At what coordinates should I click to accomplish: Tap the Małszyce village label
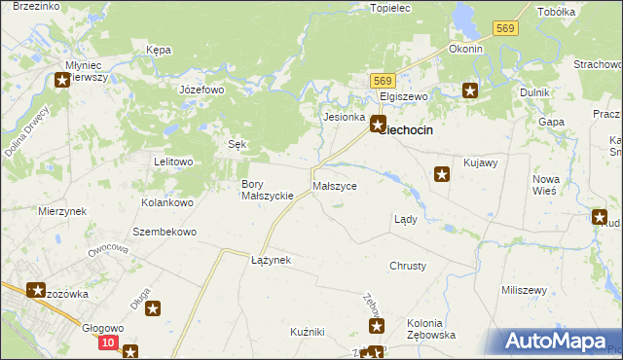coord(335,185)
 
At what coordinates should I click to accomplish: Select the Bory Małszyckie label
coord(268,190)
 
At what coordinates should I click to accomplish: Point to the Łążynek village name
coord(271,261)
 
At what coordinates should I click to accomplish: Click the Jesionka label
coord(344,116)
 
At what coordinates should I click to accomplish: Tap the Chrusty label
coord(408,266)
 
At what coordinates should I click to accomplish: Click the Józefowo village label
coord(202,89)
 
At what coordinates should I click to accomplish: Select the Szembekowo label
coord(165,233)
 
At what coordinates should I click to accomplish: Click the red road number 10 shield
coord(108,343)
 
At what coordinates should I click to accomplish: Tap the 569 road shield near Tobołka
coord(504,29)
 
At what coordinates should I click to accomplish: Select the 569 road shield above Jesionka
coord(382,82)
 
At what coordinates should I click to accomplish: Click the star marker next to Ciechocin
coord(378,124)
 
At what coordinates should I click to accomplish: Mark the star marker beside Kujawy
coord(441,175)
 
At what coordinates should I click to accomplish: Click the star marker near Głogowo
coord(153,310)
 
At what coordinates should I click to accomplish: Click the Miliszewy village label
coord(523,291)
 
